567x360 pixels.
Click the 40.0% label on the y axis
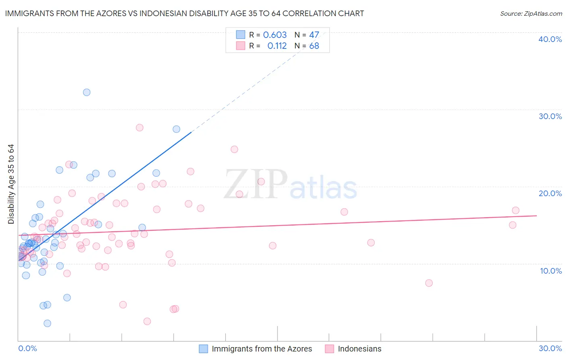click(x=550, y=39)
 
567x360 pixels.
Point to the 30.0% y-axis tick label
click(x=550, y=116)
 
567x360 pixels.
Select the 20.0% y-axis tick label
click(x=550, y=193)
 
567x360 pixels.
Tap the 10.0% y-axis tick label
click(x=551, y=271)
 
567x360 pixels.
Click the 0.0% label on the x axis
click(x=27, y=348)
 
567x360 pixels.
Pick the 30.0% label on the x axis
click(x=550, y=348)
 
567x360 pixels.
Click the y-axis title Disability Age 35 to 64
click(x=11, y=184)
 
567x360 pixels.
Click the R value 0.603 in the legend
click(x=275, y=35)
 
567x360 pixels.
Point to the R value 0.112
click(x=277, y=46)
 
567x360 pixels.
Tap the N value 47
click(x=314, y=35)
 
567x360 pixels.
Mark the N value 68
click(x=314, y=46)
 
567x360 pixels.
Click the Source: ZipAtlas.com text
click(x=531, y=14)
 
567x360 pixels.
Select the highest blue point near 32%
click(x=87, y=92)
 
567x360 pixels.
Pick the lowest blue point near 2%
click(x=47, y=323)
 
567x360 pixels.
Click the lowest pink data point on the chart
click(x=147, y=321)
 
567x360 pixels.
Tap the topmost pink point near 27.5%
click(x=140, y=128)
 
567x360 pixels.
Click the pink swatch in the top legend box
click(x=241, y=46)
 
